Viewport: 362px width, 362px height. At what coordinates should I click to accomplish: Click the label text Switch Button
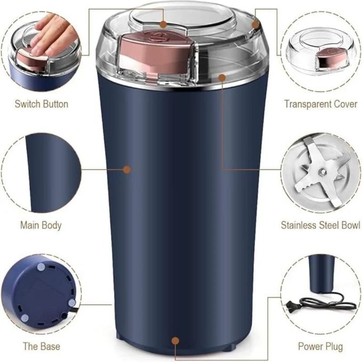click(x=41, y=104)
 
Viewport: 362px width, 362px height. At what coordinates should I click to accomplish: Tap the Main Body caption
click(x=41, y=225)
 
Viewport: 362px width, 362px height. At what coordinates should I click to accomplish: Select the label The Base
click(x=41, y=347)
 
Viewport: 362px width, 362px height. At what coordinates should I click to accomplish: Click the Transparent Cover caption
click(x=320, y=104)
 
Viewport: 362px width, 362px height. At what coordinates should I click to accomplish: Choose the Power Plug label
click(x=320, y=347)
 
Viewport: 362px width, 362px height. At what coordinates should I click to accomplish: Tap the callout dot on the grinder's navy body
click(x=127, y=169)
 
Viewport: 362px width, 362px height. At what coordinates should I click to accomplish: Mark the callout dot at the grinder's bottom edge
click(x=176, y=340)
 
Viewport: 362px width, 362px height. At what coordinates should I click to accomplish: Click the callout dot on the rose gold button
click(x=163, y=23)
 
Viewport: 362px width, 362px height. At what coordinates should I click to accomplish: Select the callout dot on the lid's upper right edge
click(x=256, y=24)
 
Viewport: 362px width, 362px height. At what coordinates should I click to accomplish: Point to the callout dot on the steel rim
click(x=222, y=77)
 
